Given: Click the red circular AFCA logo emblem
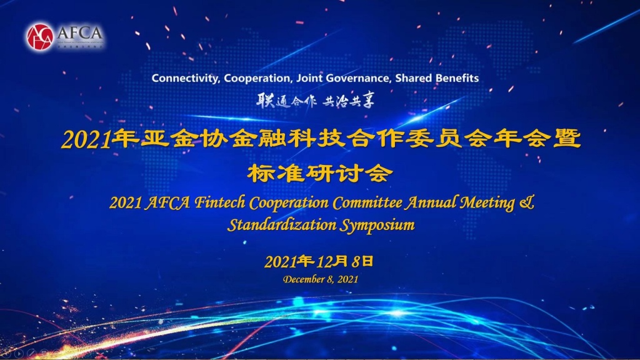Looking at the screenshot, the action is (x=40, y=37).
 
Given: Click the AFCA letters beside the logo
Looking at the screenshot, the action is (x=79, y=32).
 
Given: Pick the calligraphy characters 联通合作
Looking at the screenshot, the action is (x=286, y=101).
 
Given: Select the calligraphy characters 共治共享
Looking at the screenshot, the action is (x=348, y=101).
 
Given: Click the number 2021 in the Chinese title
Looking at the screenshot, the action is (x=86, y=140).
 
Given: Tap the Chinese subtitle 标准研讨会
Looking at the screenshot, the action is (x=320, y=174).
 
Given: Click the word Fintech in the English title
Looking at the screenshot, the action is (x=219, y=202).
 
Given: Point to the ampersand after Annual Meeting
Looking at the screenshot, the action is (x=527, y=202).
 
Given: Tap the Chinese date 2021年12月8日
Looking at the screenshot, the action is (x=319, y=262).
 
